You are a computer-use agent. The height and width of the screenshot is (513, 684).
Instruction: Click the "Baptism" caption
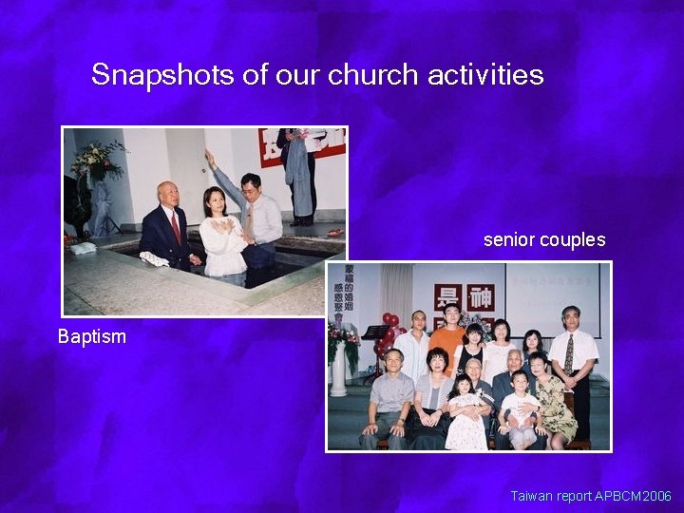92,336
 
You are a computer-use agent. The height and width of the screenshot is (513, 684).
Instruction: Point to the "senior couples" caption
544,240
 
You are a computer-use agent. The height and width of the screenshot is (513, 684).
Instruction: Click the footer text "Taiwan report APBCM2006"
591,496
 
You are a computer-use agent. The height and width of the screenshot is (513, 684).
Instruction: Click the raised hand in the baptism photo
210,155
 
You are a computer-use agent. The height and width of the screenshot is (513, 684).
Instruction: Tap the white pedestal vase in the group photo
339,370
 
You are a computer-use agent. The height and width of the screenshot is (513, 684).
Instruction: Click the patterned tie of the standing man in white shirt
569,354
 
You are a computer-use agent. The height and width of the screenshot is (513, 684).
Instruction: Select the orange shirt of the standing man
446,343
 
